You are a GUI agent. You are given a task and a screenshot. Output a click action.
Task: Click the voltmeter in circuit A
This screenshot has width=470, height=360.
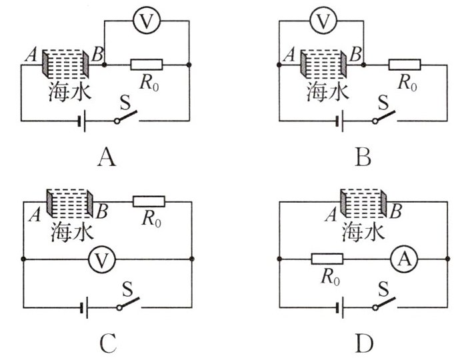[145, 22]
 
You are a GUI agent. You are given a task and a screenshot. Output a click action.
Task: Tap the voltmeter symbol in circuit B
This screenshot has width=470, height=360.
[323, 22]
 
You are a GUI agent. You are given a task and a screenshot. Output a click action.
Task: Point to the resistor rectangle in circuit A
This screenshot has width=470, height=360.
[146, 65]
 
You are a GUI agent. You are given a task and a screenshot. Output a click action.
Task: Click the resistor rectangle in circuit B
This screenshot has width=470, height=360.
[405, 65]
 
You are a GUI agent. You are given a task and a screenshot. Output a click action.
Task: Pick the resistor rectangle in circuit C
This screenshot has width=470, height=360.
[149, 200]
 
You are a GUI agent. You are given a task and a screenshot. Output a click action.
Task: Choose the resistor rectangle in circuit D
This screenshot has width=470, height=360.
[327, 259]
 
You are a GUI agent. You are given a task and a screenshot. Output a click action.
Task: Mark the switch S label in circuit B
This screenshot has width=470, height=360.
[382, 103]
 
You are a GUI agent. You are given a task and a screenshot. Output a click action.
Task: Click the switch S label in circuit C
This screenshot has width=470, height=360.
[126, 290]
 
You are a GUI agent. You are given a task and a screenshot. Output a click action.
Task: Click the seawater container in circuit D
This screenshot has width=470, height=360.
[364, 204]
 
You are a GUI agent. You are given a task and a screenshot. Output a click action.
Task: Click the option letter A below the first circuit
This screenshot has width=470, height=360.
[107, 157]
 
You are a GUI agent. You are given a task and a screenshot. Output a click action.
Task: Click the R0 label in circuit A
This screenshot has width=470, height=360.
[149, 83]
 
